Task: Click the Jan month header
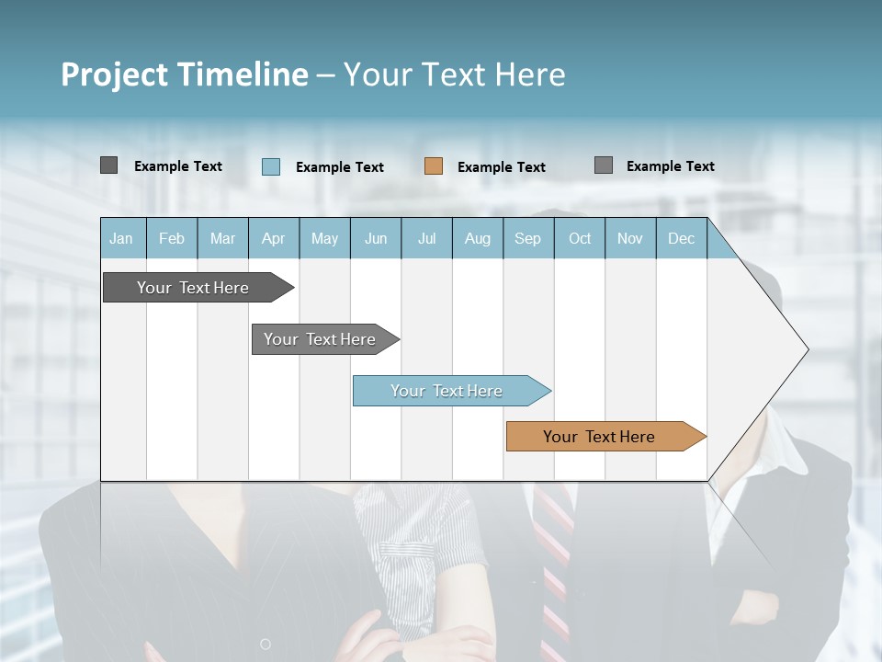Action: coord(121,239)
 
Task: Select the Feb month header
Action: coord(172,239)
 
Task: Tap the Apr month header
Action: coord(274,239)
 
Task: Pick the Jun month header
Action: coord(376,239)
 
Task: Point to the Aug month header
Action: coord(478,239)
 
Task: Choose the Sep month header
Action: coord(528,239)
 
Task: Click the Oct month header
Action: coord(580,239)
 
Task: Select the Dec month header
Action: coord(682,239)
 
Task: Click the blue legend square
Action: coord(271,166)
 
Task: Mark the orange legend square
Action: coord(434,166)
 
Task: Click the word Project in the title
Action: coord(115,74)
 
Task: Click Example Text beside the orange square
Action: coord(502,167)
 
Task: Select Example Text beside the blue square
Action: coord(340,167)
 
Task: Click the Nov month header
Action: coord(630,239)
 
